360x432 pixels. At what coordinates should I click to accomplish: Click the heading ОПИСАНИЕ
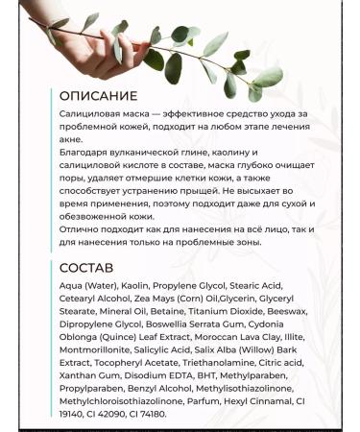98,96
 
